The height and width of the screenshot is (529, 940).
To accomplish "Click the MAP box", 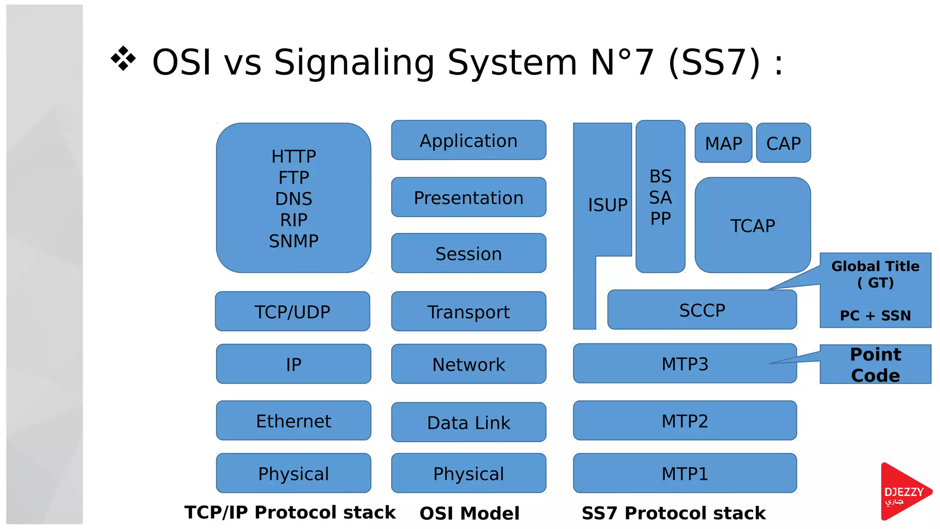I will (723, 143).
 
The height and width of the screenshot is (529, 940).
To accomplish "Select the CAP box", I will (783, 143).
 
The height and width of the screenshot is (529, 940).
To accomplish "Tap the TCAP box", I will (752, 225).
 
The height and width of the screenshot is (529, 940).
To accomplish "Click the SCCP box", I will (702, 310).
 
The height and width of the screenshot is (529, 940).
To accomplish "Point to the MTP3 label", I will (684, 364).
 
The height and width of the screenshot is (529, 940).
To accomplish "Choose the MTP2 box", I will (684, 421).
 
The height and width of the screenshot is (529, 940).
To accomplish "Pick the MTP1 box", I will (684, 473).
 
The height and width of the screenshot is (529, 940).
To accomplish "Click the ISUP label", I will (607, 205).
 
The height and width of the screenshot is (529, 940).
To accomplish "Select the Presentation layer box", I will (468, 197).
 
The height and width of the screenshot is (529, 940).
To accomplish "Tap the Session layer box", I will (468, 253).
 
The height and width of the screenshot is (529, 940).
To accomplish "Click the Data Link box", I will (468, 422).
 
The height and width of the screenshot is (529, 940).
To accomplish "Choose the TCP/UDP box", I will (292, 312).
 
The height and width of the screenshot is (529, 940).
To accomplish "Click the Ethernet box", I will (293, 421).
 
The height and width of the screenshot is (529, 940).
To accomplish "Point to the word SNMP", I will (293, 241).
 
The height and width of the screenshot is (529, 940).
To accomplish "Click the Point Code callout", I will (875, 365).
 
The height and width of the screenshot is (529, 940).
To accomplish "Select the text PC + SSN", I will (875, 315).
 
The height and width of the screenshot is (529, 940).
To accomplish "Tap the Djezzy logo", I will (904, 492).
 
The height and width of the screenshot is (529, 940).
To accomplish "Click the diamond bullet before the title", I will (123, 59).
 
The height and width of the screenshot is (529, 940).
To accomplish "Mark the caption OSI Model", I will (469, 513).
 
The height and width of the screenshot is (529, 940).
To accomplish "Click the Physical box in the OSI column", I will (468, 473).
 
